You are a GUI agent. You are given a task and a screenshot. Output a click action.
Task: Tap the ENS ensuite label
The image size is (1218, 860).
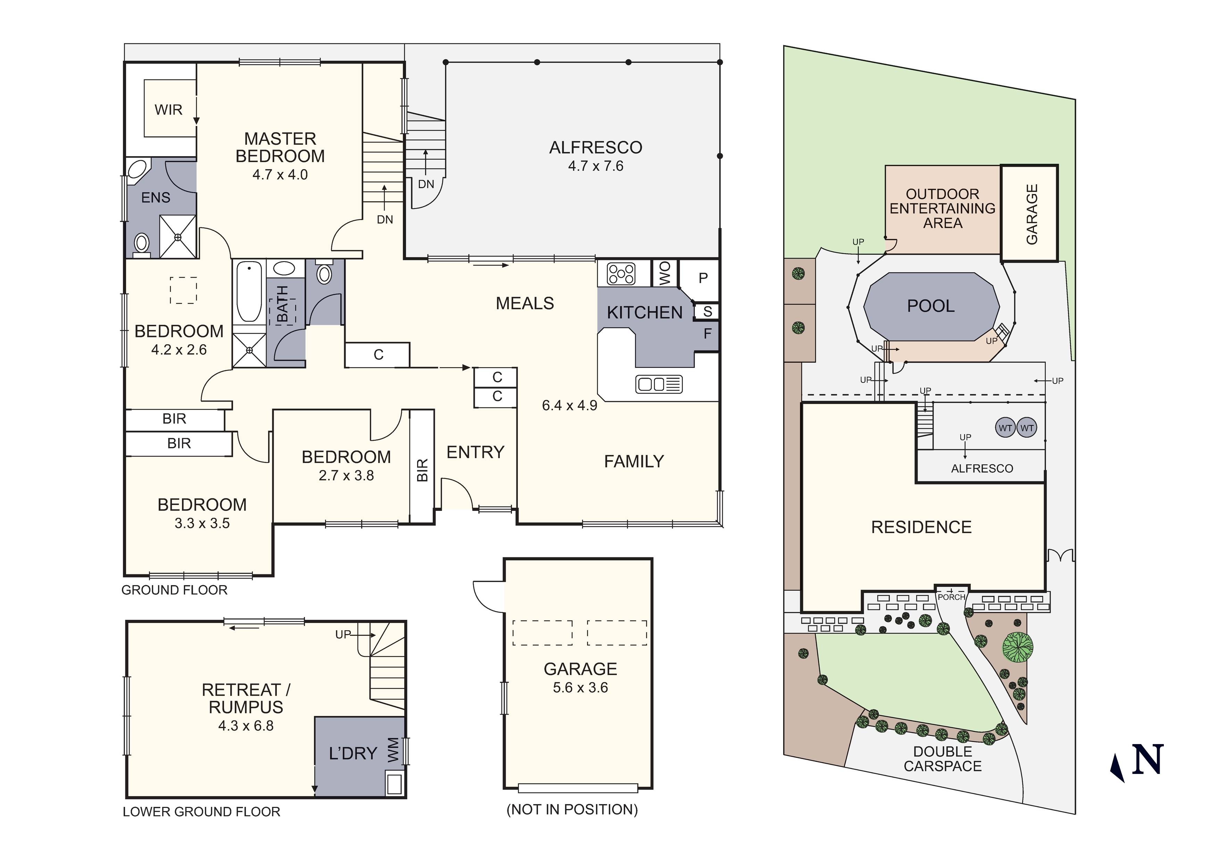(x=156, y=198)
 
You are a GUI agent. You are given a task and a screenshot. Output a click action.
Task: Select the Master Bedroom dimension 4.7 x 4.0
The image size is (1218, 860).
(x=280, y=175)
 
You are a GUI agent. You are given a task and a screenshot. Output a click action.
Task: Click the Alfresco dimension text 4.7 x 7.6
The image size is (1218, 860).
(x=596, y=166)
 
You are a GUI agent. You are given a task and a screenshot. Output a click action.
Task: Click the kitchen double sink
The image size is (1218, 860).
(x=659, y=384)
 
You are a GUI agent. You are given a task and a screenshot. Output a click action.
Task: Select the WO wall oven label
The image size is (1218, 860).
(x=665, y=273)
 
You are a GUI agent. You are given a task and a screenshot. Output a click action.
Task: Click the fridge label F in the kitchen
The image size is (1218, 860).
(x=708, y=334)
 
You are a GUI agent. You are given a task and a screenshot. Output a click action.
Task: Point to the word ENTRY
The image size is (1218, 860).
(x=475, y=452)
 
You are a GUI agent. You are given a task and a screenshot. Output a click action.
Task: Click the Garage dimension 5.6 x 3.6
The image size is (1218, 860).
(x=580, y=688)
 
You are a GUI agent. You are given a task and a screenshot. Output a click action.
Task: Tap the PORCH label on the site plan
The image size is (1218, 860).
(x=952, y=597)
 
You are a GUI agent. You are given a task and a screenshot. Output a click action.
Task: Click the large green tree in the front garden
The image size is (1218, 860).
(x=1018, y=647)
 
